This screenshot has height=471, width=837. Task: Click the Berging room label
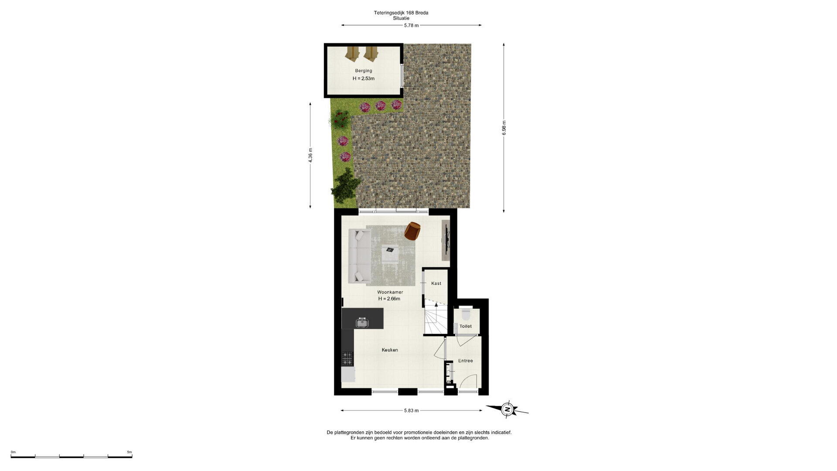pyautogui.click(x=364, y=71)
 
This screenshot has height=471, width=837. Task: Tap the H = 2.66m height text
pyautogui.click(x=389, y=299)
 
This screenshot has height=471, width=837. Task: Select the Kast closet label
pyautogui.click(x=436, y=283)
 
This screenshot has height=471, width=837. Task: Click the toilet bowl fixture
pyautogui.click(x=466, y=314)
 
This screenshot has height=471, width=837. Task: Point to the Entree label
pyautogui.click(x=465, y=361)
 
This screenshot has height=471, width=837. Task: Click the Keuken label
pyautogui.click(x=390, y=350)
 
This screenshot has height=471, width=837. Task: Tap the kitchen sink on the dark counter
pyautogui.click(x=362, y=323)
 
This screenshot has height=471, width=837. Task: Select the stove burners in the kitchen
pyautogui.click(x=347, y=358)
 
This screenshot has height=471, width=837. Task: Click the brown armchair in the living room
pyautogui.click(x=412, y=231)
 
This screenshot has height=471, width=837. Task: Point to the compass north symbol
pyautogui.click(x=507, y=410)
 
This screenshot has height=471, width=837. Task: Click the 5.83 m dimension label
pyautogui.click(x=411, y=410)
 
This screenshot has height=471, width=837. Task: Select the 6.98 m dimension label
pyautogui.click(x=504, y=128)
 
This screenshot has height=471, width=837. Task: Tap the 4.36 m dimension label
pyautogui.click(x=310, y=156)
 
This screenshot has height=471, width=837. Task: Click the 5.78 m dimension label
pyautogui.click(x=411, y=25)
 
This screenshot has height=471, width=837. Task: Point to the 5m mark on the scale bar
pyautogui.click(x=129, y=452)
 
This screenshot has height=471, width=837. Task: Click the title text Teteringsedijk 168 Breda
pyautogui.click(x=401, y=13)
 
